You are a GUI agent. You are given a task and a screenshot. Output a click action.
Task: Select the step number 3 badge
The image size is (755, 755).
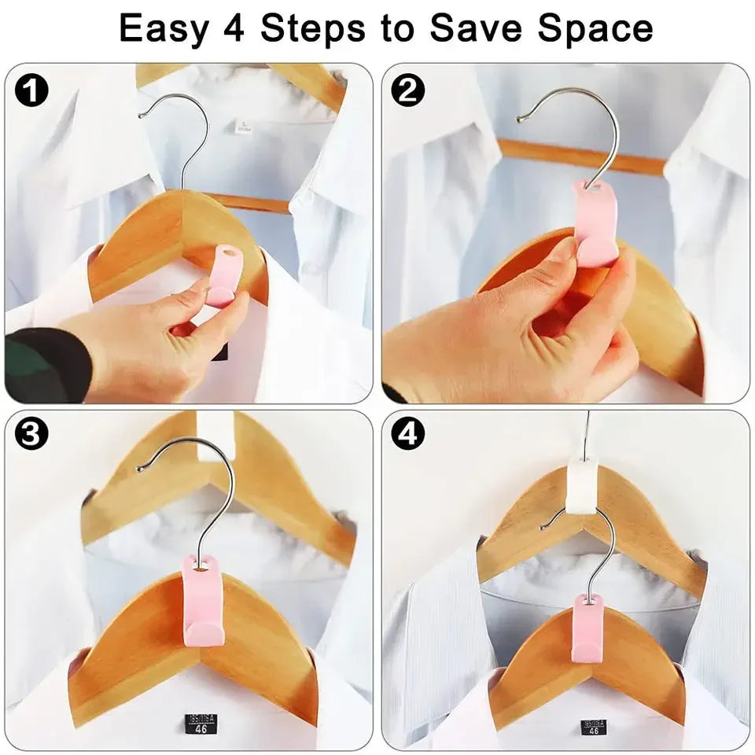(x=32, y=434)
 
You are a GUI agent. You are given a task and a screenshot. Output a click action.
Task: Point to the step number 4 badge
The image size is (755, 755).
(x=407, y=434)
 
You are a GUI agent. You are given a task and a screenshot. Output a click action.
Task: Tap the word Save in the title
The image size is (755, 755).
(x=480, y=29)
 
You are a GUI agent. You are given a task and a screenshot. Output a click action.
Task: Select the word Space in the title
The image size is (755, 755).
(x=595, y=29)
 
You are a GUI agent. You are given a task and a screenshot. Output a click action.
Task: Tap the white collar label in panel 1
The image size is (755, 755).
(x=246, y=126)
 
